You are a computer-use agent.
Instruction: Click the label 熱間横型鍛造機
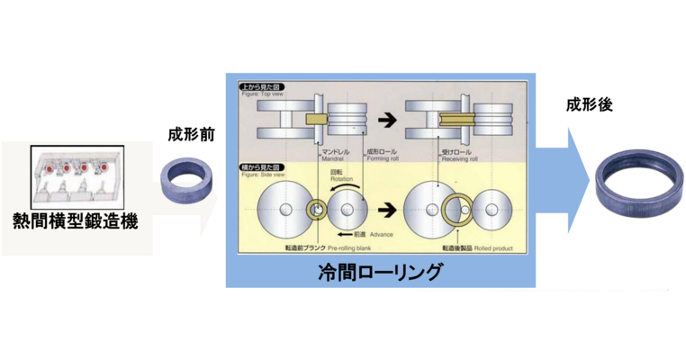(x=75, y=219)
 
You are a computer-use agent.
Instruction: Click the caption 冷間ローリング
(x=382, y=271)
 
